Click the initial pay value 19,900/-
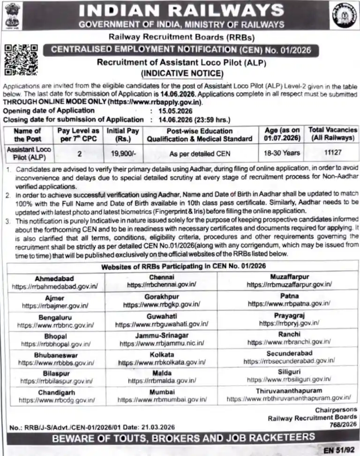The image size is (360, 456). click(123, 153)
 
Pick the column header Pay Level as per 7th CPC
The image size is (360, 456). click(78, 135)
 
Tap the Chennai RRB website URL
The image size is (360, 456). click(161, 285)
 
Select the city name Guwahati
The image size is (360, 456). click(161, 317)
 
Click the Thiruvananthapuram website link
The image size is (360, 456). click(289, 398)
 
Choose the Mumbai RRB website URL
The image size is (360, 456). click(162, 400)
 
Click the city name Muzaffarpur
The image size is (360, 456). click(289, 277)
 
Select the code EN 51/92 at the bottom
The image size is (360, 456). click(340, 449)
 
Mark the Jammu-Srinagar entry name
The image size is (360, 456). click(162, 336)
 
